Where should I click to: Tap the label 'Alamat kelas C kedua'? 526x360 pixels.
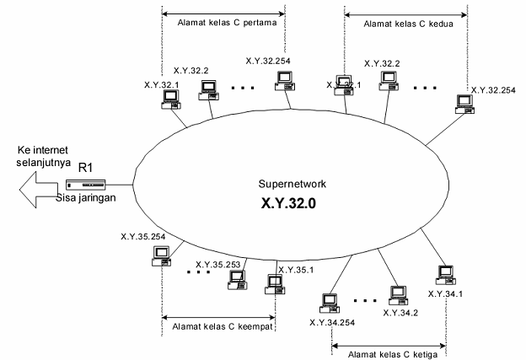point(406,24)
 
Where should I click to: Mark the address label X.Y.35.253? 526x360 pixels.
point(221,262)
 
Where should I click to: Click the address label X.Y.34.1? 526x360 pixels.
point(446,293)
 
